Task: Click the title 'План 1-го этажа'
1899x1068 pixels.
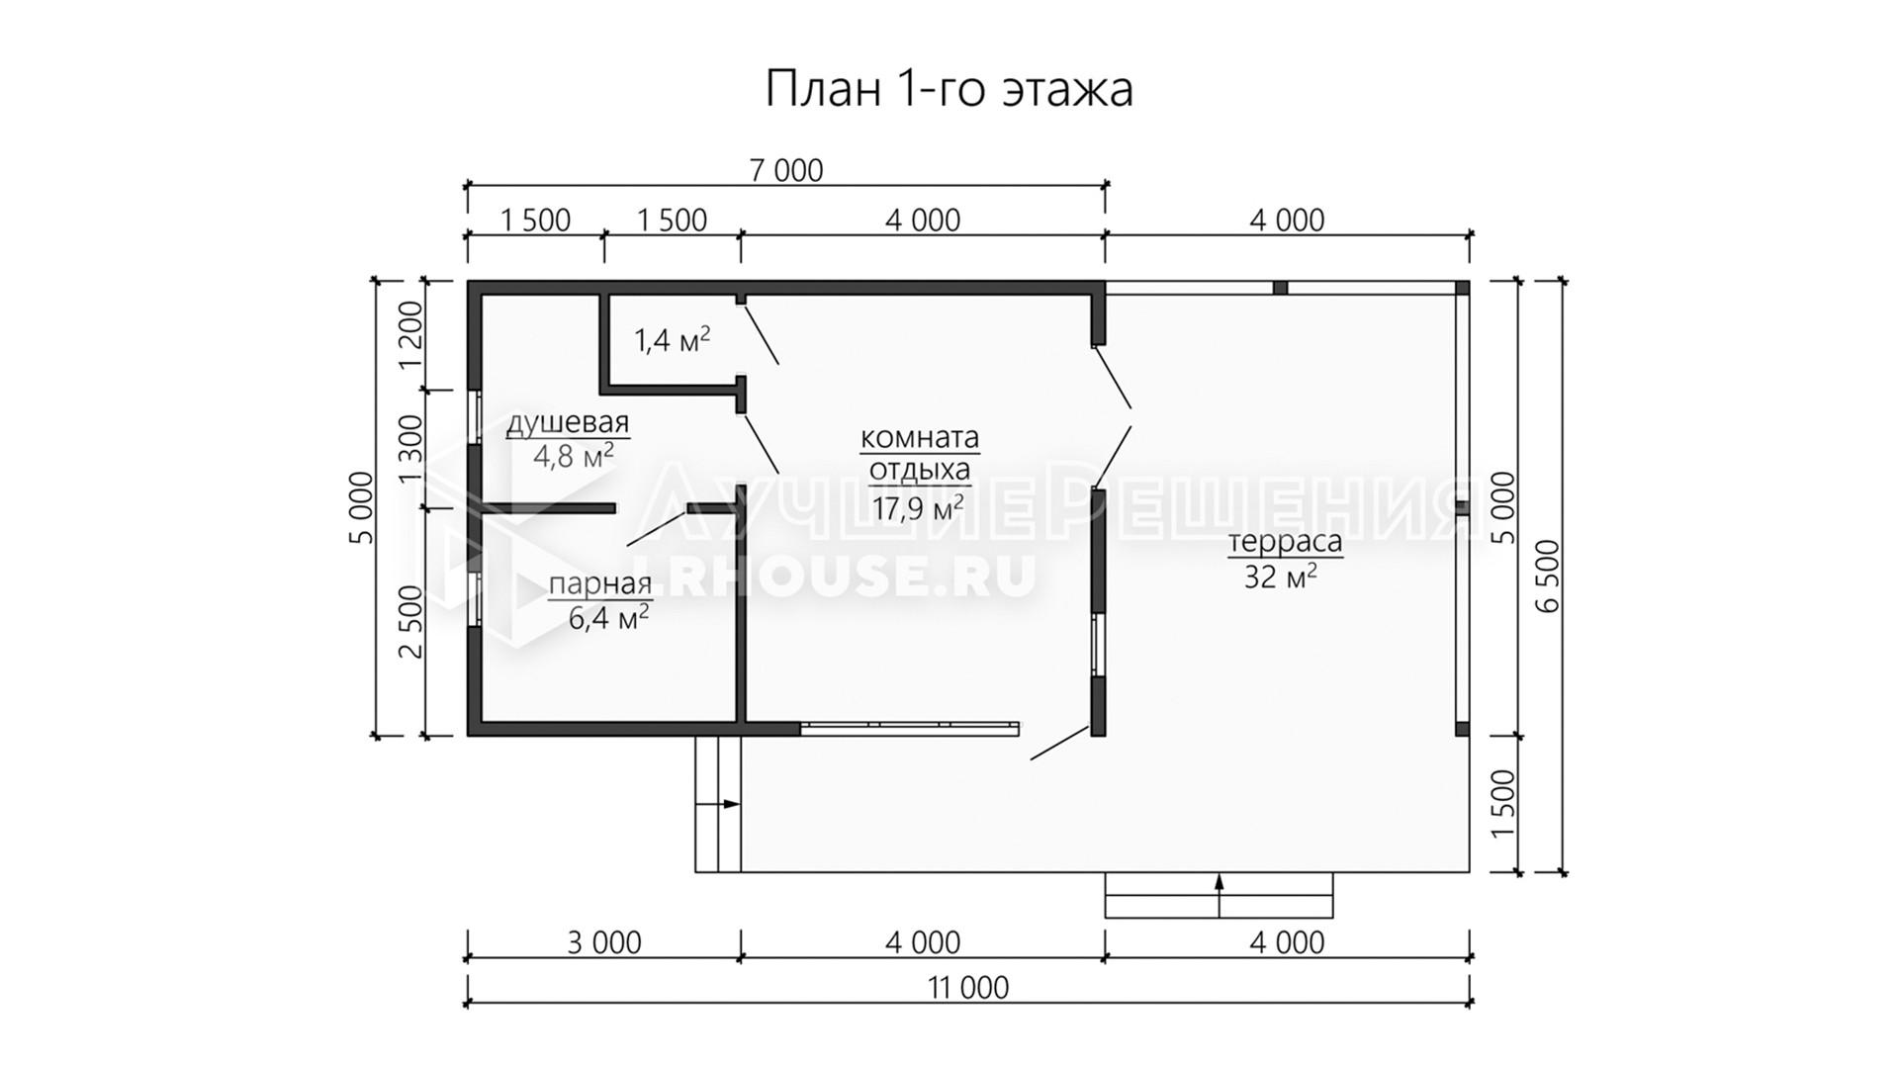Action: click(x=949, y=89)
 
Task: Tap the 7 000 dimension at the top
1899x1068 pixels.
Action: click(x=786, y=171)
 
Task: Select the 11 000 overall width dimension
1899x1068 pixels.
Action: click(x=969, y=987)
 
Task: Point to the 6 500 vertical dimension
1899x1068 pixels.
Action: click(x=1549, y=576)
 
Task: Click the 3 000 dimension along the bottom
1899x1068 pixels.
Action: click(x=604, y=942)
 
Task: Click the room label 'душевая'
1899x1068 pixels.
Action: click(x=568, y=423)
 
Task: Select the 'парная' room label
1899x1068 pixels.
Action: click(x=600, y=585)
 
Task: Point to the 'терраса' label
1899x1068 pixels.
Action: click(x=1285, y=542)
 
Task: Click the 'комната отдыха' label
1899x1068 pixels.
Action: click(x=920, y=453)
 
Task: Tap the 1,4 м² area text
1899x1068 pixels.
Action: click(x=673, y=340)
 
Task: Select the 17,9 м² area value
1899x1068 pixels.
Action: click(x=919, y=508)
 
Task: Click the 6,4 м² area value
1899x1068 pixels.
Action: click(x=609, y=619)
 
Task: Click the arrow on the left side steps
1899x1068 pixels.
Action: click(x=718, y=804)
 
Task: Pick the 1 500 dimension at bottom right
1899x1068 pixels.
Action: click(x=1501, y=804)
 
